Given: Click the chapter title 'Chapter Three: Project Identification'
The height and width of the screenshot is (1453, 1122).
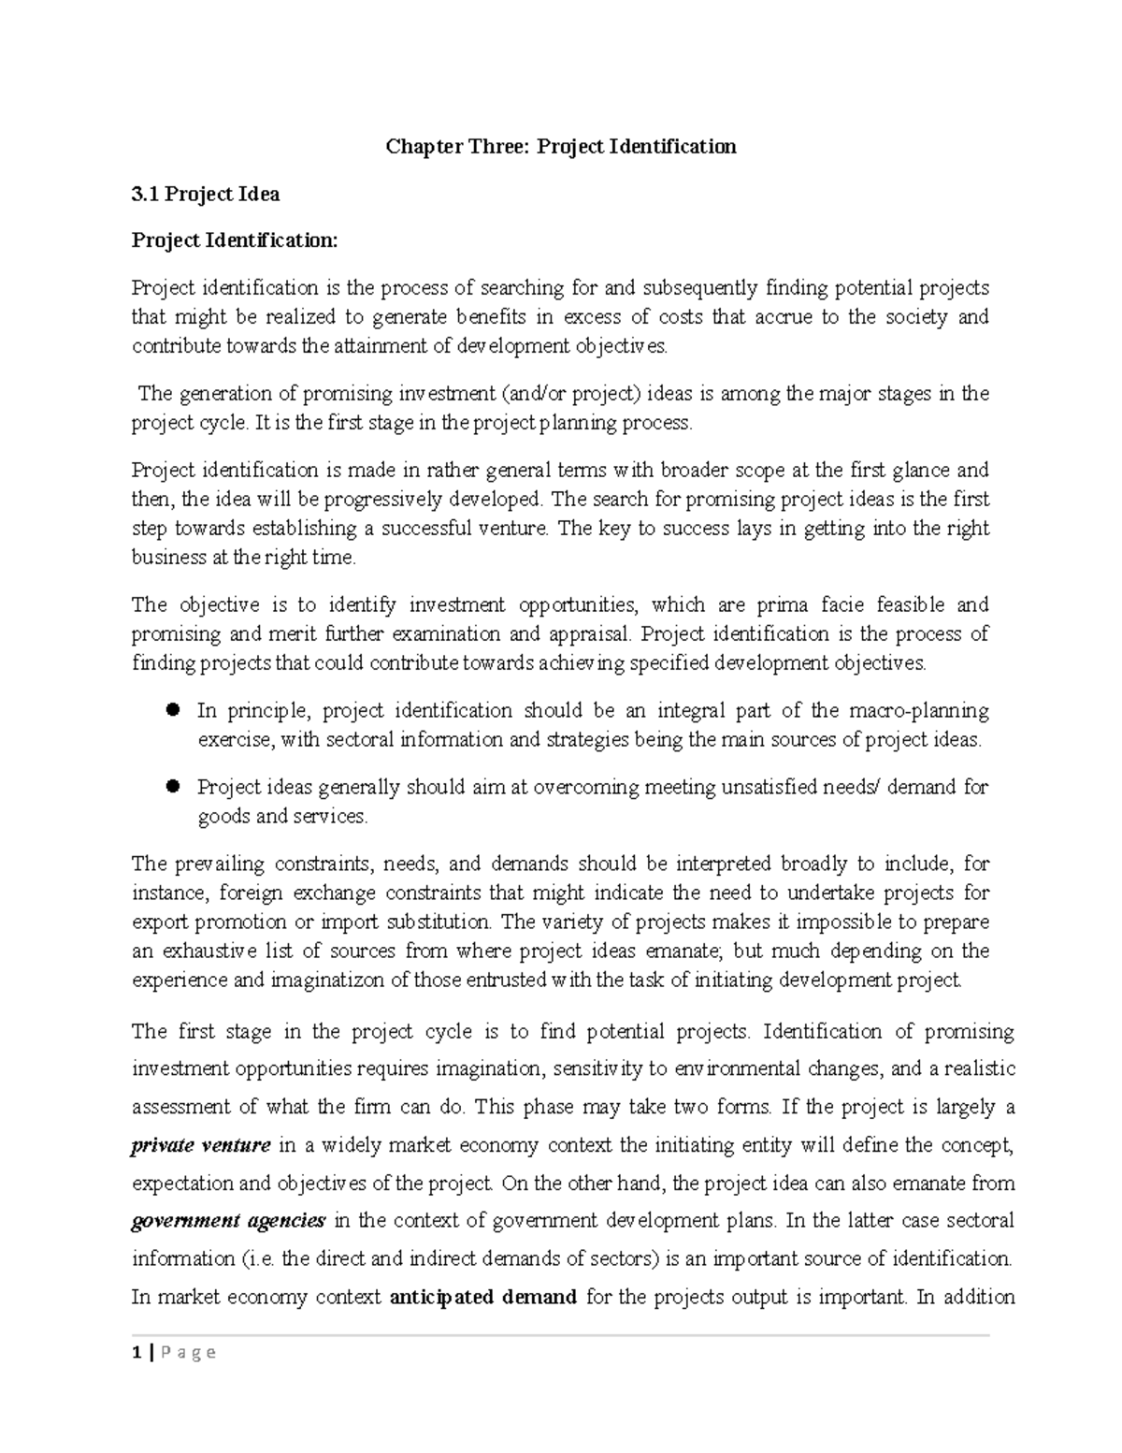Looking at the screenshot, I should coord(562,146).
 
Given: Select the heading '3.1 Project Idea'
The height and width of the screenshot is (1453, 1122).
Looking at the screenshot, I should coord(206,194).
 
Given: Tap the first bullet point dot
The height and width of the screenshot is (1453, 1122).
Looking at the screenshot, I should coord(172,710).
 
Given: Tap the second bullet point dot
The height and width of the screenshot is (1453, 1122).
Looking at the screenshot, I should coord(172,787).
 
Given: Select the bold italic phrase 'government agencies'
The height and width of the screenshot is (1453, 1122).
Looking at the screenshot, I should coord(228,1221).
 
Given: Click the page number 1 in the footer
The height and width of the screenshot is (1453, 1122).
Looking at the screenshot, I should coord(137,1352).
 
